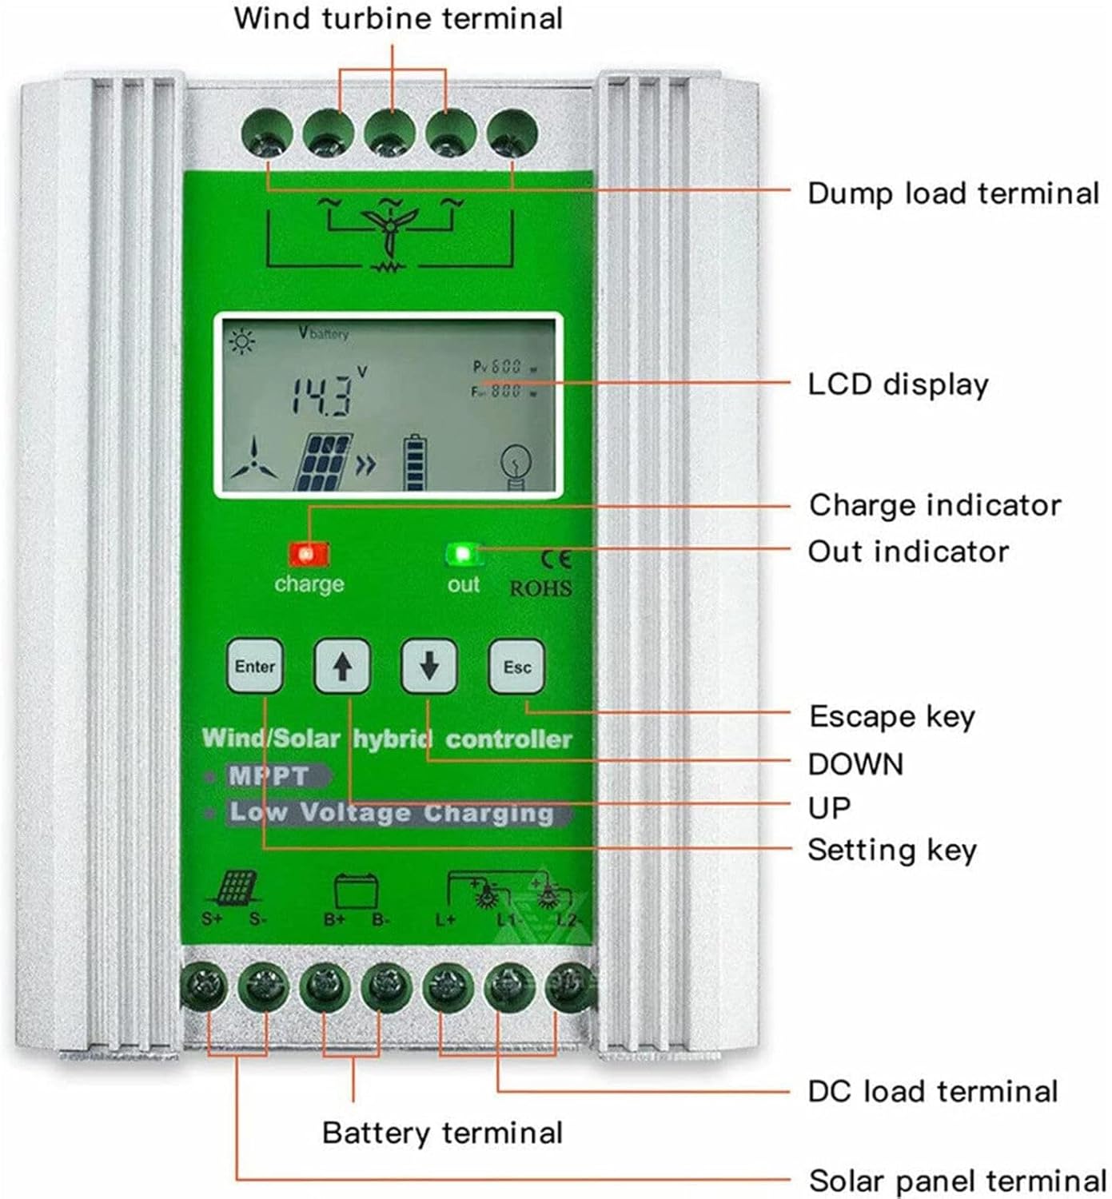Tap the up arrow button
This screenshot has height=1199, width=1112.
click(342, 666)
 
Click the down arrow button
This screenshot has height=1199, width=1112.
click(428, 666)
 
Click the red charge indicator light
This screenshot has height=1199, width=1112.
click(308, 554)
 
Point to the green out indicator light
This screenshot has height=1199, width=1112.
click(461, 554)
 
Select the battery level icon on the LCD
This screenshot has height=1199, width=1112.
click(414, 463)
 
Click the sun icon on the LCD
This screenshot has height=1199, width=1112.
click(241, 342)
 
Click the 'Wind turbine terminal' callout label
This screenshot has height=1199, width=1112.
click(398, 18)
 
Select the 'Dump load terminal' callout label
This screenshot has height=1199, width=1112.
click(953, 193)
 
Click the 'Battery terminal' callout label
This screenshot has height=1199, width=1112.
click(442, 1133)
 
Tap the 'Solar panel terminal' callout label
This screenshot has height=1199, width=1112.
click(957, 1181)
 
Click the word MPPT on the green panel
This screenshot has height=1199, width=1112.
click(269, 775)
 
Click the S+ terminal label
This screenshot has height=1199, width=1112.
click(212, 919)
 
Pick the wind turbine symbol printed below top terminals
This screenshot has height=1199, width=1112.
click(389, 227)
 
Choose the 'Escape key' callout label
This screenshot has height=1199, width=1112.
click(891, 716)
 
